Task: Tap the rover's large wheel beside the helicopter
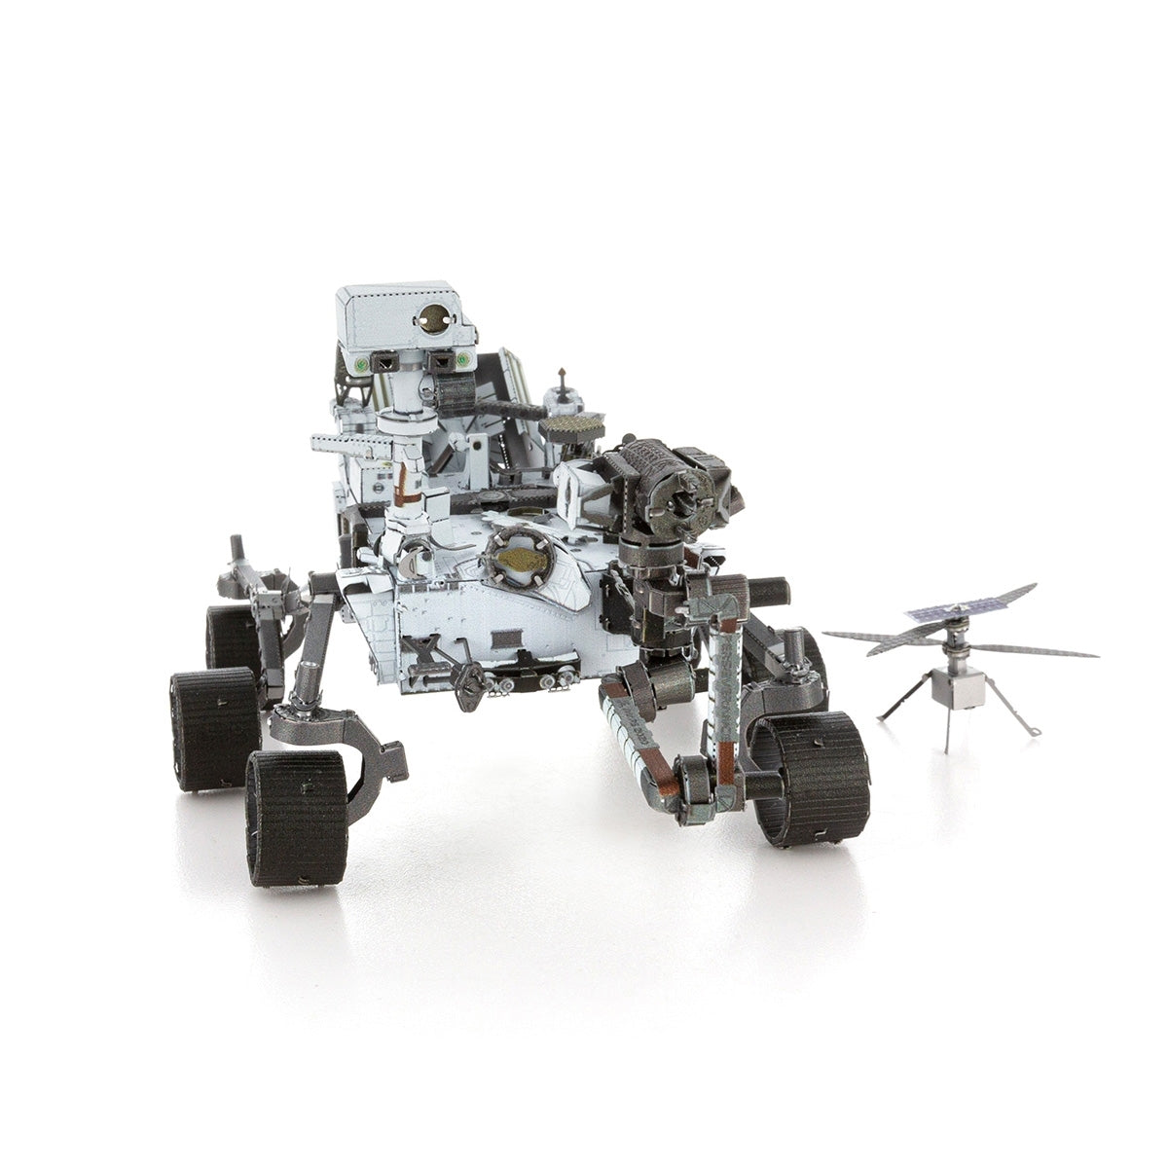coord(811,779)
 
